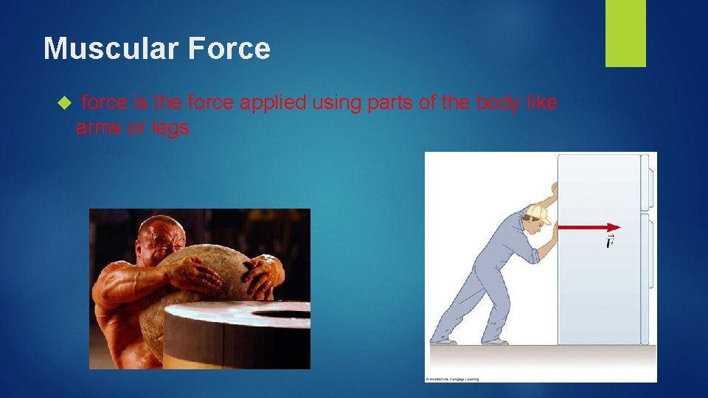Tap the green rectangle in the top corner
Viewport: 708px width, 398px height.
click(x=625, y=32)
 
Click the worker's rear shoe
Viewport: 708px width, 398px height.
click(x=442, y=341)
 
